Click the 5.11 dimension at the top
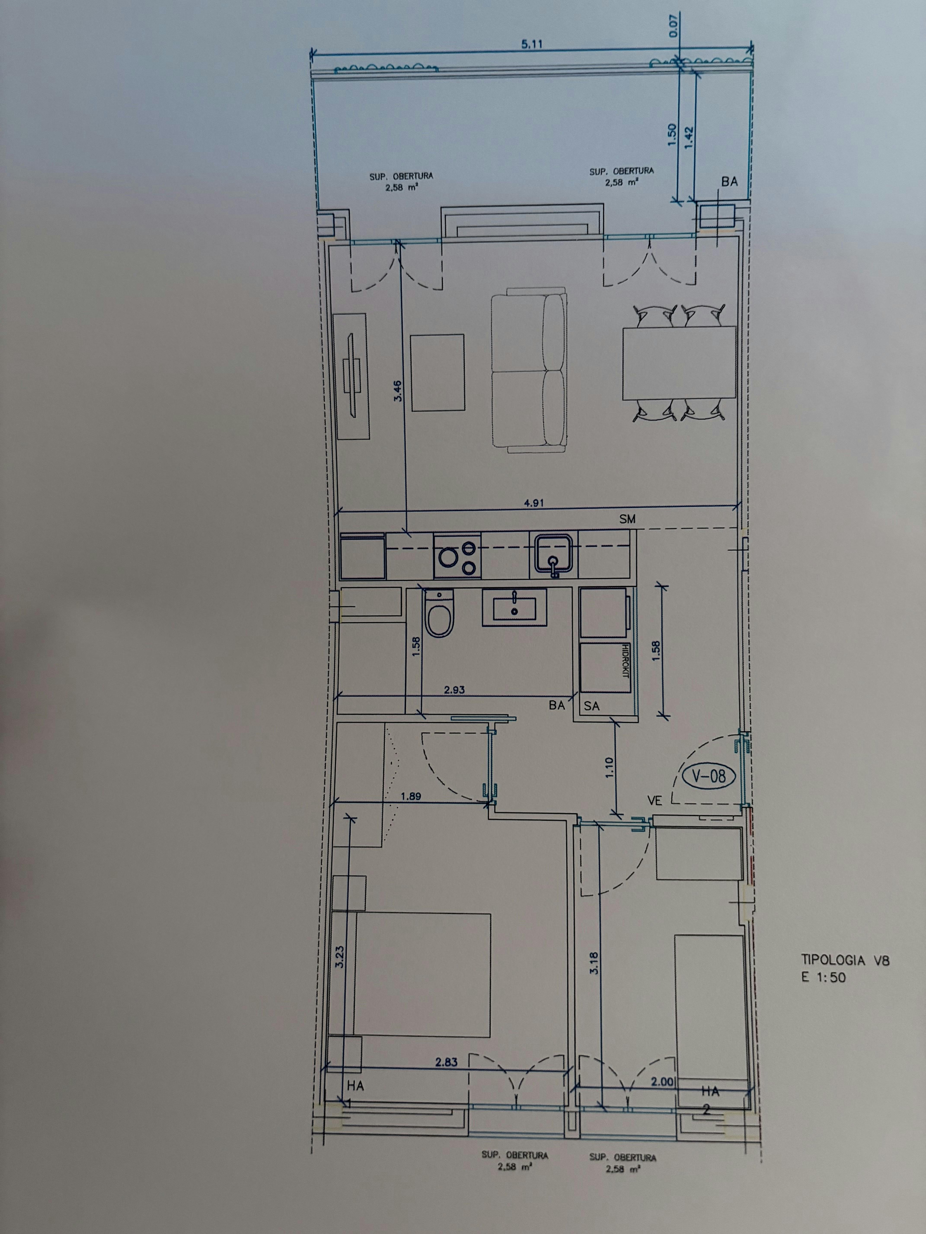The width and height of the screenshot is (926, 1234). click(x=532, y=45)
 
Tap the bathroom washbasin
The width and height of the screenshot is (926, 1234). click(x=514, y=607)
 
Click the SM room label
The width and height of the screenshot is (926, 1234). click(x=627, y=519)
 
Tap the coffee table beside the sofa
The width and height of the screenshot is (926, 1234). click(x=437, y=373)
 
